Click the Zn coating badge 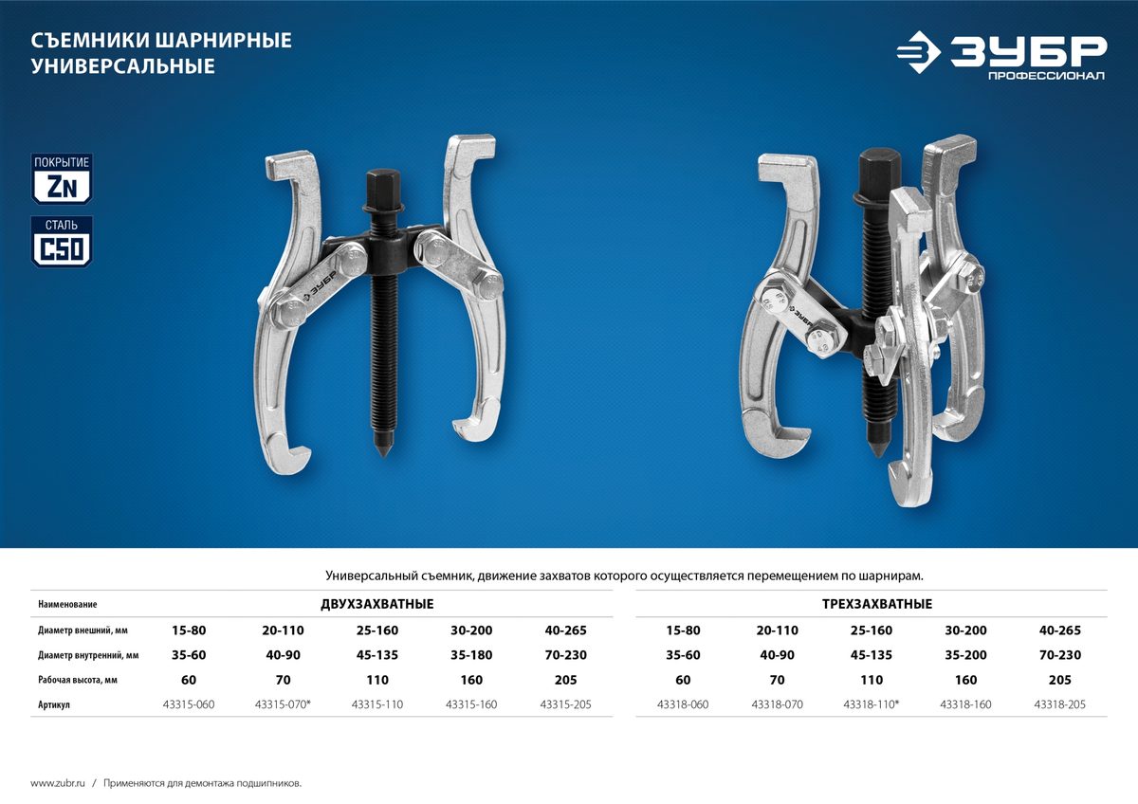[x=62, y=179]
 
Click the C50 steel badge [x=62, y=242]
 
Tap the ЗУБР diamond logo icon [x=919, y=52]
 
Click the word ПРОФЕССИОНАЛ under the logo [x=1046, y=76]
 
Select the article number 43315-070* [x=283, y=704]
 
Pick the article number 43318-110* [x=872, y=704]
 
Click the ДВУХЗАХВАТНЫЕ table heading [x=377, y=604]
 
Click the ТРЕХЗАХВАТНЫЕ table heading [x=877, y=604]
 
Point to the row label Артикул [x=54, y=705]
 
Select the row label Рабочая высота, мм [x=78, y=680]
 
